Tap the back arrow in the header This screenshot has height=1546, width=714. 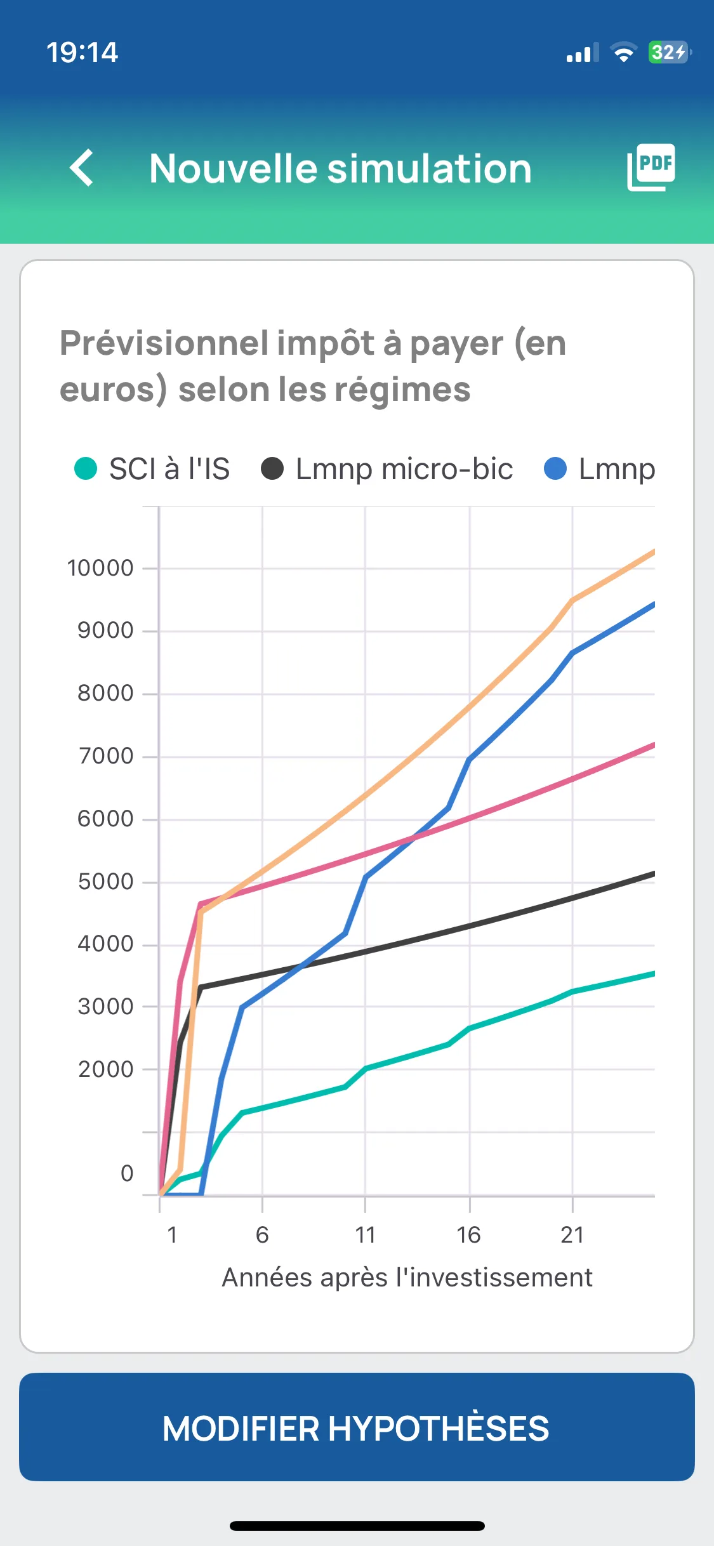pyautogui.click(x=82, y=168)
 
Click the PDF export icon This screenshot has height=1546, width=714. pyautogui.click(x=651, y=168)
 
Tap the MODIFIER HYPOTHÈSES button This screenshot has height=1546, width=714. pyautogui.click(x=357, y=1427)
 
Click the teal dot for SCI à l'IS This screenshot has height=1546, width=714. pyautogui.click(x=86, y=469)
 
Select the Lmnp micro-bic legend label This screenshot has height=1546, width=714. pyautogui.click(x=404, y=469)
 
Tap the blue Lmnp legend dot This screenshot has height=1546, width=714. pyautogui.click(x=555, y=469)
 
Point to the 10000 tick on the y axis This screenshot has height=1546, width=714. pyautogui.click(x=100, y=568)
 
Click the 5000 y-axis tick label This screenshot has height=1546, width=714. pyautogui.click(x=105, y=882)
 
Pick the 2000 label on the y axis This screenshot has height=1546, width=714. pyautogui.click(x=105, y=1069)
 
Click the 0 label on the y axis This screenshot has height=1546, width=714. pyautogui.click(x=127, y=1173)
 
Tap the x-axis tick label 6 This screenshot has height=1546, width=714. pyautogui.click(x=262, y=1234)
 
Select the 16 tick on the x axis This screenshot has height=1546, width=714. pyautogui.click(x=469, y=1234)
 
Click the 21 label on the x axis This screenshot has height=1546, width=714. pyautogui.click(x=572, y=1234)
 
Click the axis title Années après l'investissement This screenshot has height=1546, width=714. pyautogui.click(x=407, y=1278)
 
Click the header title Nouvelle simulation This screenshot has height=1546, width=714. pyautogui.click(x=340, y=169)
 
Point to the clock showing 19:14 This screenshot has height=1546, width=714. pyautogui.click(x=83, y=52)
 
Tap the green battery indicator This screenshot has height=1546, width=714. pyautogui.click(x=668, y=52)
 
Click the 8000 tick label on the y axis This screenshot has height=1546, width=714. pyautogui.click(x=105, y=693)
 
